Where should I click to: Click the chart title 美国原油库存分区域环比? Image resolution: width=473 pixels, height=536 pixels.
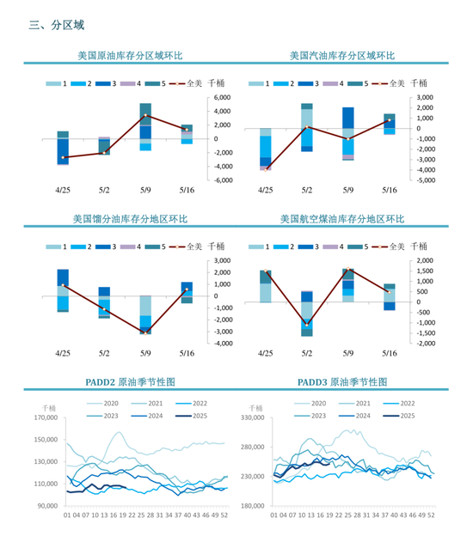pos(129,56)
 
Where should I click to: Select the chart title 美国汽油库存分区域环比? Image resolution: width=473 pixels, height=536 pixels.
pos(342,56)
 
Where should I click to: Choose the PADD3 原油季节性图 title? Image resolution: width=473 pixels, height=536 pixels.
pos(341,381)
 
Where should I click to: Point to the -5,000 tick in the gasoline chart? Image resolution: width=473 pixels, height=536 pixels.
pos(427,180)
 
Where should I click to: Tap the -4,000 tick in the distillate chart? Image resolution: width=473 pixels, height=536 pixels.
pos(220,344)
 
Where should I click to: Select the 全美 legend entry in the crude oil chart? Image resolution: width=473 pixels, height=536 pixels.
pos(191,83)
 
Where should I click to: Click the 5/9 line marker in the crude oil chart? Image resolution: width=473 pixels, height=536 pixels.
pos(146,115)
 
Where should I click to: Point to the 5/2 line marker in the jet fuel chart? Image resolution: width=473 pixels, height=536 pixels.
pos(307,324)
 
